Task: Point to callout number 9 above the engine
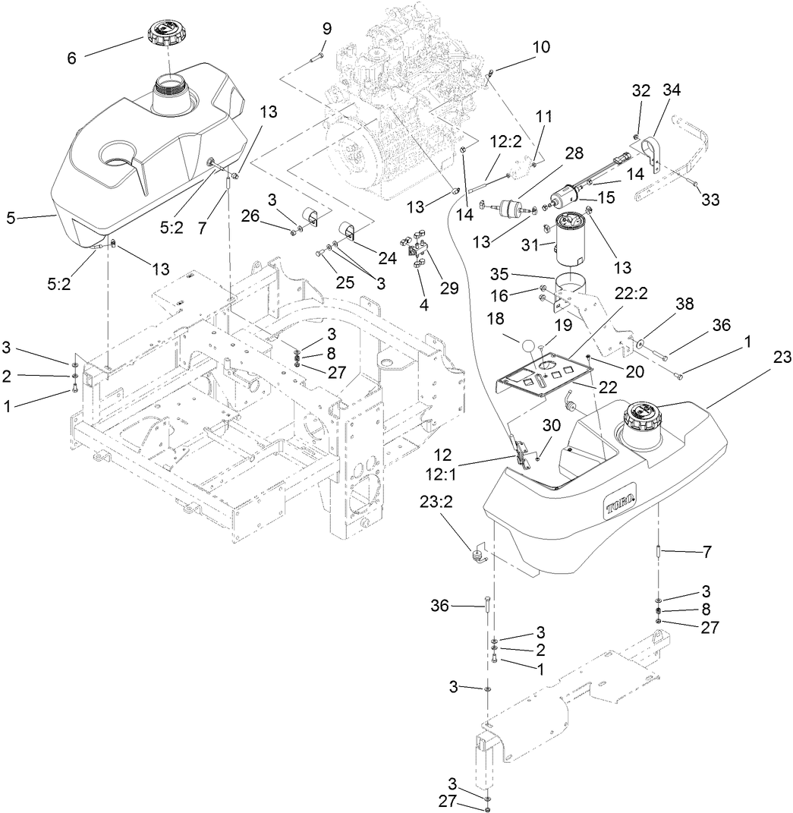pos(327,30)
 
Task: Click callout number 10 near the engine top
pos(541,46)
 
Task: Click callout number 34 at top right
pos(671,90)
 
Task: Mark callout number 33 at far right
pos(710,200)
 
